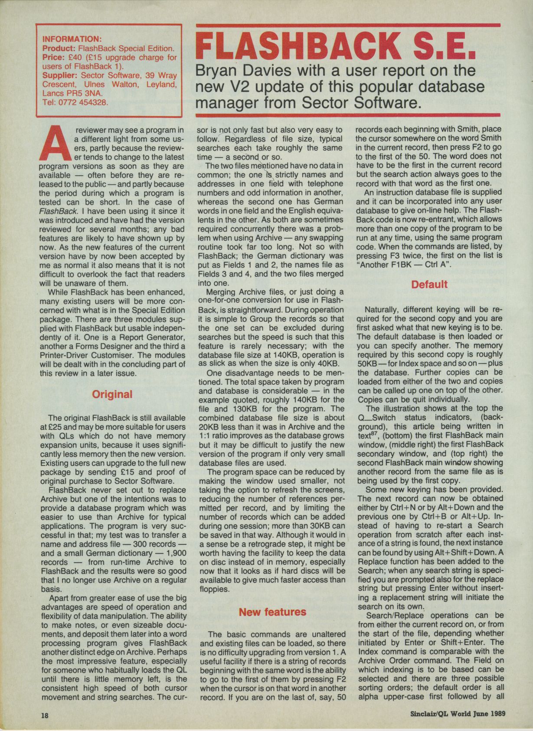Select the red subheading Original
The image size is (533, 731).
[x=112, y=394]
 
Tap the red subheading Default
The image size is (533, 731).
[x=429, y=285]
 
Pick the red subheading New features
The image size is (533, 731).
[x=272, y=612]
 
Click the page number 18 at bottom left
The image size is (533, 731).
[x=45, y=715]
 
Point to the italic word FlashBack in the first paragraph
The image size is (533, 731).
[x=55, y=211]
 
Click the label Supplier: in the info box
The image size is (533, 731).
[x=60, y=75]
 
